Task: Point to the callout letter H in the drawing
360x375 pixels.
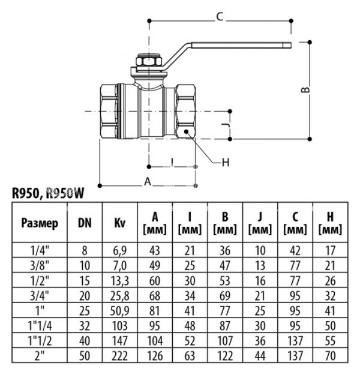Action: click(x=226, y=163)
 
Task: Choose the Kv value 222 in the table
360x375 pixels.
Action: click(x=120, y=355)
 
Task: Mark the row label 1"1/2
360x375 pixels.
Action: click(x=40, y=340)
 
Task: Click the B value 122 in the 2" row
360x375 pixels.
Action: click(x=225, y=355)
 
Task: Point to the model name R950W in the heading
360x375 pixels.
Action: click(x=65, y=193)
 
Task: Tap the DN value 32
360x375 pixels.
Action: click(x=85, y=326)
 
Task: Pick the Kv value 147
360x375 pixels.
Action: click(x=120, y=340)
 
